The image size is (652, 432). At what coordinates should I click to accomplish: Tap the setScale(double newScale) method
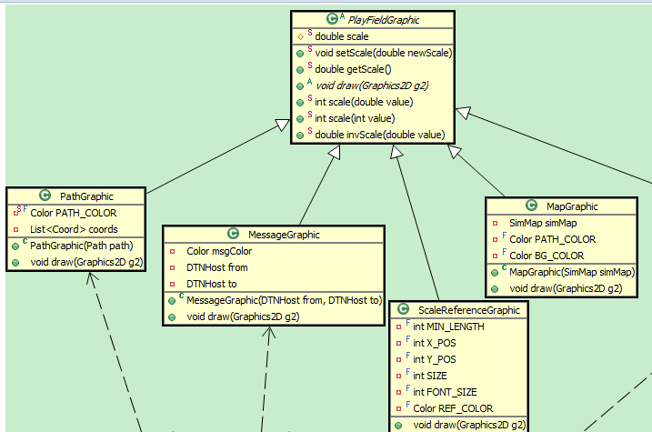pyautogui.click(x=383, y=53)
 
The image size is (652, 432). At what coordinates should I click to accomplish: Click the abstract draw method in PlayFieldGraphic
pyautogui.click(x=372, y=85)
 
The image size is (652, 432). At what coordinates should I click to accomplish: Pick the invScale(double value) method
pyautogui.click(x=379, y=135)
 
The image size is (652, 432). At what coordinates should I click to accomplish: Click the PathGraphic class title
pyautogui.click(x=86, y=196)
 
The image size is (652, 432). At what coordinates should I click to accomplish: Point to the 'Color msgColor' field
pyautogui.click(x=219, y=251)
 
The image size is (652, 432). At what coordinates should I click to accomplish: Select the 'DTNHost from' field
pyautogui.click(x=217, y=267)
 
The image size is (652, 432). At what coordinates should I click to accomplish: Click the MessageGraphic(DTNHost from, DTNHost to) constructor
pyautogui.click(x=284, y=300)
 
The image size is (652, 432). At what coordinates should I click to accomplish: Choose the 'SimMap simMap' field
pyautogui.click(x=544, y=223)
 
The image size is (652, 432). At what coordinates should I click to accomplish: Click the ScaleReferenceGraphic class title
pyautogui.click(x=468, y=310)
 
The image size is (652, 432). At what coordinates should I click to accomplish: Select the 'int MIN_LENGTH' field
pyautogui.click(x=448, y=327)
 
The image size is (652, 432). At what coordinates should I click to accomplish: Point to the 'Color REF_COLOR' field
pyautogui.click(x=453, y=408)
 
